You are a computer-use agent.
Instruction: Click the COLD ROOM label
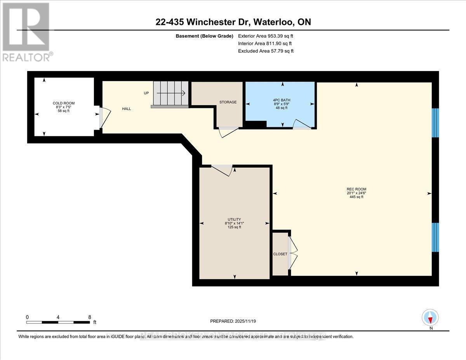coord(64,103)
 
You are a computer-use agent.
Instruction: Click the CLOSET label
coord(280,254)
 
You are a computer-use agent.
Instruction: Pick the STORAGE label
coord(228,102)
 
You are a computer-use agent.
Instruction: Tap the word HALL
coord(126,109)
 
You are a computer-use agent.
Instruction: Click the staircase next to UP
coord(170,93)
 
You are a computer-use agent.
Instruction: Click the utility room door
coord(222,170)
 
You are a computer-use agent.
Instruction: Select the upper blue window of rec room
coord(435,123)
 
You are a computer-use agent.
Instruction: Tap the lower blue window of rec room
coord(435,237)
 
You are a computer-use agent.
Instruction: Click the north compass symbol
coord(430,318)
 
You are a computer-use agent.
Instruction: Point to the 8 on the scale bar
coord(89,317)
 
